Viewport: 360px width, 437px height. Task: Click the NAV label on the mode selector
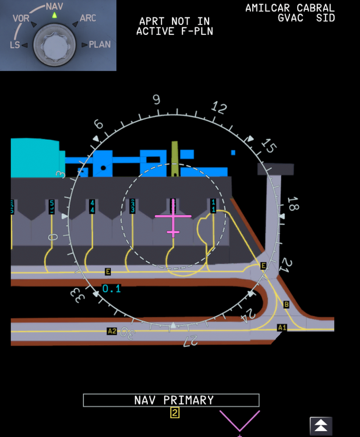click(54, 6)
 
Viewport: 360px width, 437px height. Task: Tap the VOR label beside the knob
click(21, 18)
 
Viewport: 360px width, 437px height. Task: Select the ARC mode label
click(87, 18)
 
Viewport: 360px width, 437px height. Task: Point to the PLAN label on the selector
click(100, 44)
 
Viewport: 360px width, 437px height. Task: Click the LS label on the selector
click(15, 44)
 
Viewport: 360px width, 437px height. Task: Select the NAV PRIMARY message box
click(171, 400)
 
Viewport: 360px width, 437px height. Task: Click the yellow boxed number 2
click(174, 413)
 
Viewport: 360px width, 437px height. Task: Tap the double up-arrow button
click(321, 425)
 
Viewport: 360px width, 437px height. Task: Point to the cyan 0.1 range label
click(111, 288)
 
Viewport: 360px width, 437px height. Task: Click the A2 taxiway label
click(112, 331)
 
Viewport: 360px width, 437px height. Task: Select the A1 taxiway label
click(282, 328)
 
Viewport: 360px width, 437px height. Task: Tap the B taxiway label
click(286, 304)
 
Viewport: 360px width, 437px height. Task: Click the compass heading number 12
click(219, 107)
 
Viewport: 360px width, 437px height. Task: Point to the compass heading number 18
click(292, 204)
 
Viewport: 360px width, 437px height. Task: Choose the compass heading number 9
click(156, 100)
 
